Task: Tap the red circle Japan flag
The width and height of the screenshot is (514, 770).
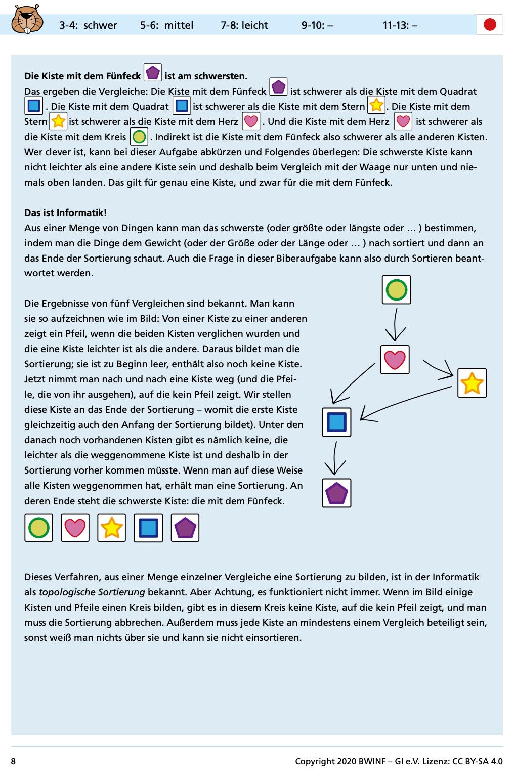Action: tap(490, 25)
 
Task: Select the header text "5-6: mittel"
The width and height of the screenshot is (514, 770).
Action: tap(167, 25)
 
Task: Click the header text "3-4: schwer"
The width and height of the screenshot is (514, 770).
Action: tap(88, 25)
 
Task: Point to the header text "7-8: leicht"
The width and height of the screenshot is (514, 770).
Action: tap(244, 25)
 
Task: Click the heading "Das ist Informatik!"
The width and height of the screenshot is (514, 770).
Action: tap(66, 213)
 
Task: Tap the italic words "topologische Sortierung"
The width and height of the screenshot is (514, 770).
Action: tap(92, 592)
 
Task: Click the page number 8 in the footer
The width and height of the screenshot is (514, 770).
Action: tap(14, 761)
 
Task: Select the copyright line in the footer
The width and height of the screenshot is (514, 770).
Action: tap(399, 761)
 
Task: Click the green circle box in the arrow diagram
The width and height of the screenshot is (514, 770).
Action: tap(396, 290)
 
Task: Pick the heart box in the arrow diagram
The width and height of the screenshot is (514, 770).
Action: tap(395, 360)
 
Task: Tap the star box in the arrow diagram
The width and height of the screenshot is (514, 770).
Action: tap(472, 383)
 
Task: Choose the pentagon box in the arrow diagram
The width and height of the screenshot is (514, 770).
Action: tap(336, 493)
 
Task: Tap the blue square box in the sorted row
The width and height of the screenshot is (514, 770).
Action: tap(148, 528)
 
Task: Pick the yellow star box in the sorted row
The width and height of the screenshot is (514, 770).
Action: tap(111, 528)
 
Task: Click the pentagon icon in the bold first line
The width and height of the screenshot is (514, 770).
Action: tap(153, 72)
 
